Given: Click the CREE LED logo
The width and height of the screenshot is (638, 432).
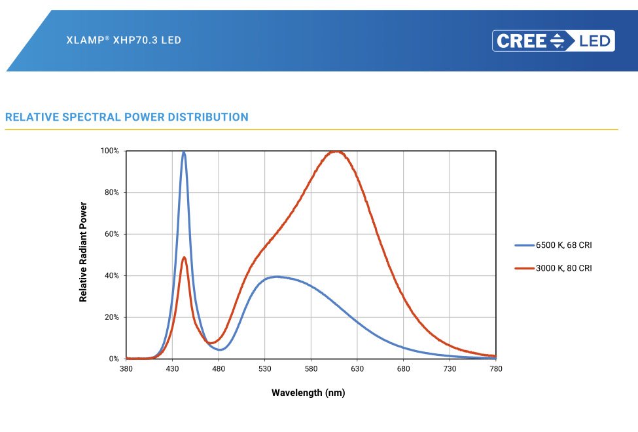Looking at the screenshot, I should coord(554,41).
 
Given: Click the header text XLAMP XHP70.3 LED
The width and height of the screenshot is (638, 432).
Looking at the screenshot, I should coord(124,40).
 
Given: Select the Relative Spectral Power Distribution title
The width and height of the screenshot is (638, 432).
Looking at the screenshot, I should coord(127,117).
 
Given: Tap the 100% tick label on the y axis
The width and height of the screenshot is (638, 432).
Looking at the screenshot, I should coord(109,151).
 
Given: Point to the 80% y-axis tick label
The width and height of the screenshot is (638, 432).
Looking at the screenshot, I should coord(111,192).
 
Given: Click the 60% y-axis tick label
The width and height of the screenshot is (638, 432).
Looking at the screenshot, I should coord(111,234).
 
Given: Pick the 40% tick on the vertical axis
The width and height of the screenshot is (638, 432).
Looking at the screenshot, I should coord(111,275).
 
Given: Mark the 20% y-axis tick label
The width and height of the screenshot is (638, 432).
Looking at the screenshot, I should coord(111,317).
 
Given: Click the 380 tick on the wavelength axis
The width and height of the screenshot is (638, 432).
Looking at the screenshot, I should coord(126,369).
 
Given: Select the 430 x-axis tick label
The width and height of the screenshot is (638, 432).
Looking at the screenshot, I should coord(172,369).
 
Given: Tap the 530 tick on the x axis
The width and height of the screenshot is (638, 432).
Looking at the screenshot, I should coord(264,369).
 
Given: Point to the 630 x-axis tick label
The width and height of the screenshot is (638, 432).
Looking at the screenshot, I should coord(357,369).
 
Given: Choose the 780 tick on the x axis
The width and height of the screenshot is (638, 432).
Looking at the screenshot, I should coord(496,369).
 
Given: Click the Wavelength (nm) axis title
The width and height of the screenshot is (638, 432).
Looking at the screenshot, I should coord(308,393).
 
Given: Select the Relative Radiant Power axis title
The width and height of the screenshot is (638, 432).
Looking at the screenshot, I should coord(83,252).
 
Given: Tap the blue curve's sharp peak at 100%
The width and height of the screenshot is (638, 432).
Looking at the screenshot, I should coord(184,152).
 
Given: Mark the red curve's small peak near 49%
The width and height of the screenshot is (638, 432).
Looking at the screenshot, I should coord(185,257).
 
